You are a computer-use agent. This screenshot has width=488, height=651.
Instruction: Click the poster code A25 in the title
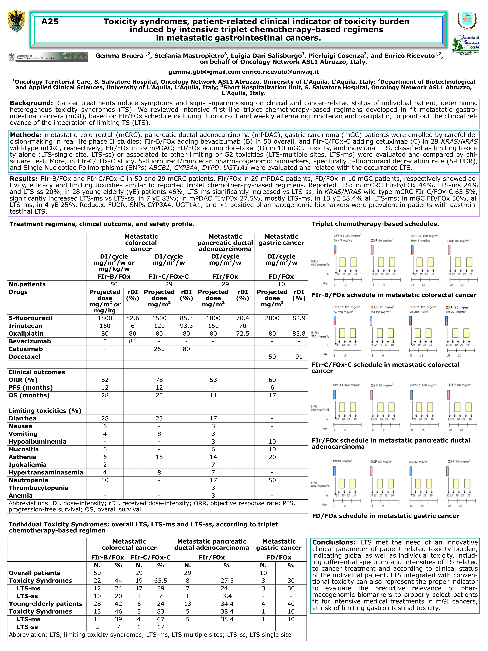pyautogui.click(x=50, y=21)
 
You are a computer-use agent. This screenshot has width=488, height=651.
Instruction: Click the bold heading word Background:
pyautogui.click(x=31, y=103)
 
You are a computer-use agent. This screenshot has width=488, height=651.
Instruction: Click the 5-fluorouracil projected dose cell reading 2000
pyautogui.click(x=272, y=318)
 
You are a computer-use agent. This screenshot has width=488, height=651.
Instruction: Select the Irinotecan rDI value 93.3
pyautogui.click(x=186, y=326)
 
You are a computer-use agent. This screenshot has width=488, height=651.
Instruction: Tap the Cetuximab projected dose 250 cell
pyautogui.click(x=159, y=349)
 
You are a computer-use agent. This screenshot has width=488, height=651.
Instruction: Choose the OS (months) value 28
pyautogui.click(x=105, y=395)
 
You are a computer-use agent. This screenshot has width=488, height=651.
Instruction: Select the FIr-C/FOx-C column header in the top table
pyautogui.click(x=169, y=277)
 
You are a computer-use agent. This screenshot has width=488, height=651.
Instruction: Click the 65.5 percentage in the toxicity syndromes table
pyautogui.click(x=161, y=581)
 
